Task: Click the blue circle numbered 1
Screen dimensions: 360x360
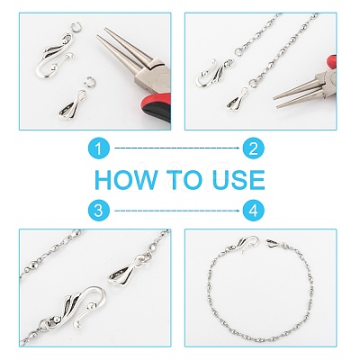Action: point(99,148)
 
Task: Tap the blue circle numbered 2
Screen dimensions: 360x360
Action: point(254,148)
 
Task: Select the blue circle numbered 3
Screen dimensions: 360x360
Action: point(99,211)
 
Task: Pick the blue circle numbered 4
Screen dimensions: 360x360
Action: point(254,211)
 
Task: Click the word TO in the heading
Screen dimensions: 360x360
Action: point(184,180)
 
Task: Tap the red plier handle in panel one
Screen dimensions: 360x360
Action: point(157,108)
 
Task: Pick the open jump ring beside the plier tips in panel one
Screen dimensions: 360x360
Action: point(77,27)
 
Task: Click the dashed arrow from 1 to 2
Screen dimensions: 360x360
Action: point(177,148)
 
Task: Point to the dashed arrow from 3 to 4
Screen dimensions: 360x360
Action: point(177,211)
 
